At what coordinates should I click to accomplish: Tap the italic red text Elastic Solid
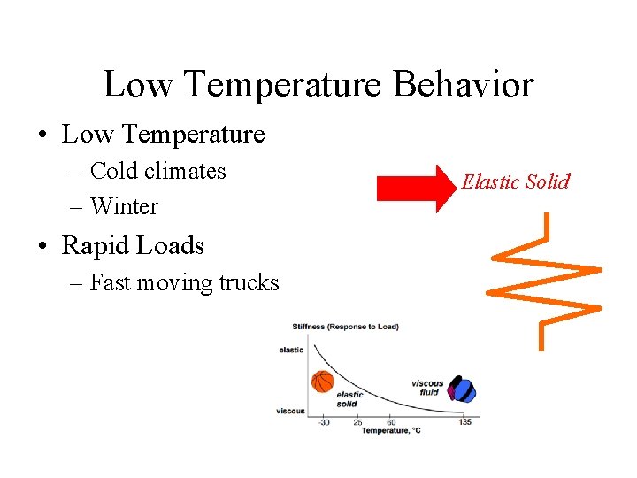tap(516, 181)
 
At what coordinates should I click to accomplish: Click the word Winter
tap(124, 206)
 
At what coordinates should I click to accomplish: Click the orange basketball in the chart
tap(323, 382)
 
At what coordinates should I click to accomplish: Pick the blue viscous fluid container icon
tap(463, 389)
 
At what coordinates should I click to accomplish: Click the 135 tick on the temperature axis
tap(465, 422)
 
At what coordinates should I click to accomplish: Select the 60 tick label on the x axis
tap(392, 422)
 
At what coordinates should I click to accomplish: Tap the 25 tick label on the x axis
tap(357, 422)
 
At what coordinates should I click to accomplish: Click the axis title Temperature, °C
tap(390, 431)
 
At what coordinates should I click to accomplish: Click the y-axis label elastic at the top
tap(291, 350)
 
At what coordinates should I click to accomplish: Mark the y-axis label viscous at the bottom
tap(290, 411)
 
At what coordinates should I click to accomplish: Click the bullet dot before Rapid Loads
tap(43, 246)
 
